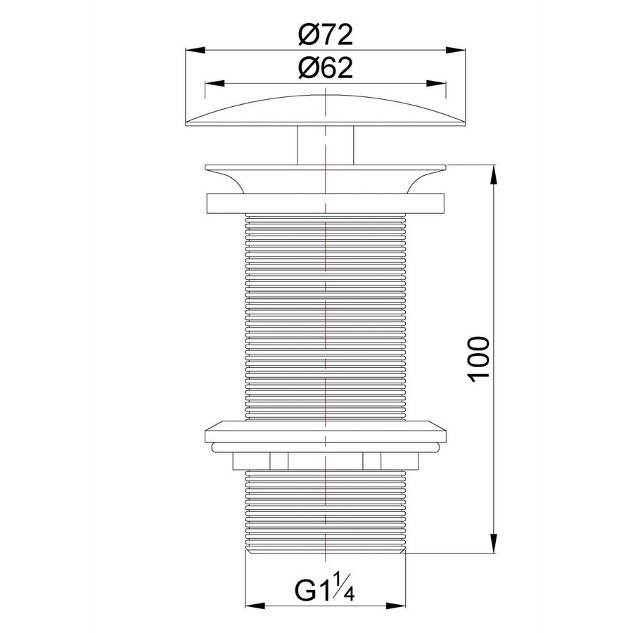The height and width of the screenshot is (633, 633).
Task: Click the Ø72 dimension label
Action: [324, 33]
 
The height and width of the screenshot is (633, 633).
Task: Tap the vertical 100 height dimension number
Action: [479, 359]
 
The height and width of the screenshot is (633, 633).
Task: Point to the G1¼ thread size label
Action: [326, 587]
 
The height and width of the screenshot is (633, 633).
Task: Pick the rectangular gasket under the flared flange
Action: [324, 203]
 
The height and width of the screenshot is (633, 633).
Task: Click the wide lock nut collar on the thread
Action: [324, 430]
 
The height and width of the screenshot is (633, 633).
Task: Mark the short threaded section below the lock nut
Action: [324, 510]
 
